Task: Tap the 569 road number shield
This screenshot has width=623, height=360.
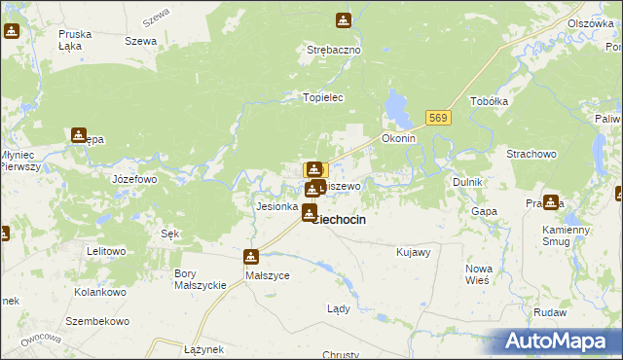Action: [438, 118]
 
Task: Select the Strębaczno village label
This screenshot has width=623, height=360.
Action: [334, 49]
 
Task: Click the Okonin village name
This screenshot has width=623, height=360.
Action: [399, 138]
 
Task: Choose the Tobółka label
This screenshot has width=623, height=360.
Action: [490, 101]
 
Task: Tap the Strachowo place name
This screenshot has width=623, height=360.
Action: [531, 154]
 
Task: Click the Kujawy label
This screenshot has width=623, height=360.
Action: [414, 252]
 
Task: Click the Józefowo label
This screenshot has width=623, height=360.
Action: [134, 180]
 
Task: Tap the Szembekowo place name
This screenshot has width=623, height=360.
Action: [97, 321]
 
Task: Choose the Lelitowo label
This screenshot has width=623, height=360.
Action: [106, 251]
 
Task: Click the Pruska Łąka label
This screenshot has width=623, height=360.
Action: [75, 39]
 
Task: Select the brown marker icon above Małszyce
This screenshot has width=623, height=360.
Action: [251, 257]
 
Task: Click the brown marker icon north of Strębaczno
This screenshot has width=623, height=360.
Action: [343, 20]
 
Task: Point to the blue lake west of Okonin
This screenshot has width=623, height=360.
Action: [397, 105]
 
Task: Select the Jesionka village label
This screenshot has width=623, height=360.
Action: [276, 206]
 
